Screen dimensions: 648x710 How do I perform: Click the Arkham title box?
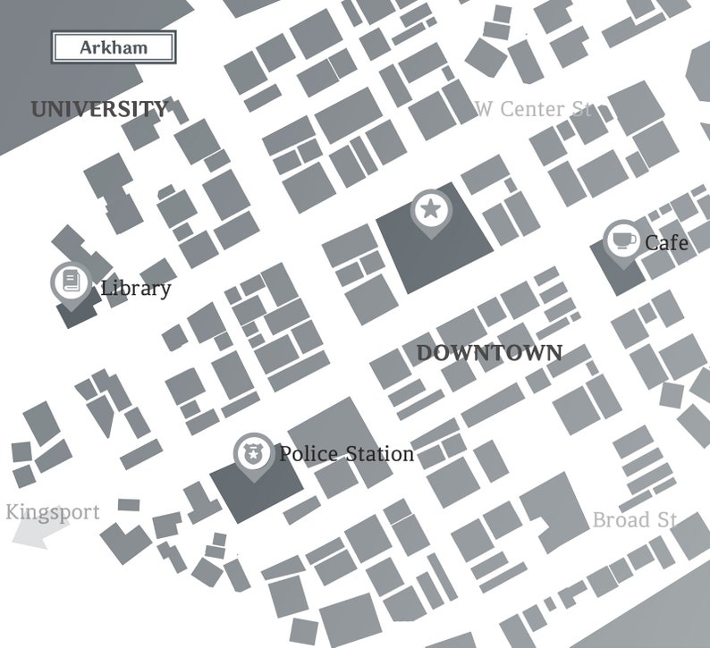(114, 47)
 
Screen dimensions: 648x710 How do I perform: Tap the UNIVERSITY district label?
(99, 110)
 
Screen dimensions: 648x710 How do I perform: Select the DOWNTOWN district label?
(490, 353)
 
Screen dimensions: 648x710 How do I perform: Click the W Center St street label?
(533, 109)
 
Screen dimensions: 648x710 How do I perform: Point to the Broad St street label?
(635, 520)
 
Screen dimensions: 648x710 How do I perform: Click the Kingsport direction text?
(53, 512)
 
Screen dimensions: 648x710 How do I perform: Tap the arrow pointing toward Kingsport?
(40, 534)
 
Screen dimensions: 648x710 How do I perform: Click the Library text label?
(135, 288)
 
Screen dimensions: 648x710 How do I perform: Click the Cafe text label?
(666, 242)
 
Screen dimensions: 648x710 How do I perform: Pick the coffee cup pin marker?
(621, 240)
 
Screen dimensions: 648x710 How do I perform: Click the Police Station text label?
(346, 454)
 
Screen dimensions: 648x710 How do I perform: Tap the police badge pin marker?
(254, 455)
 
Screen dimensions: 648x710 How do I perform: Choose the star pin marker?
(430, 211)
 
